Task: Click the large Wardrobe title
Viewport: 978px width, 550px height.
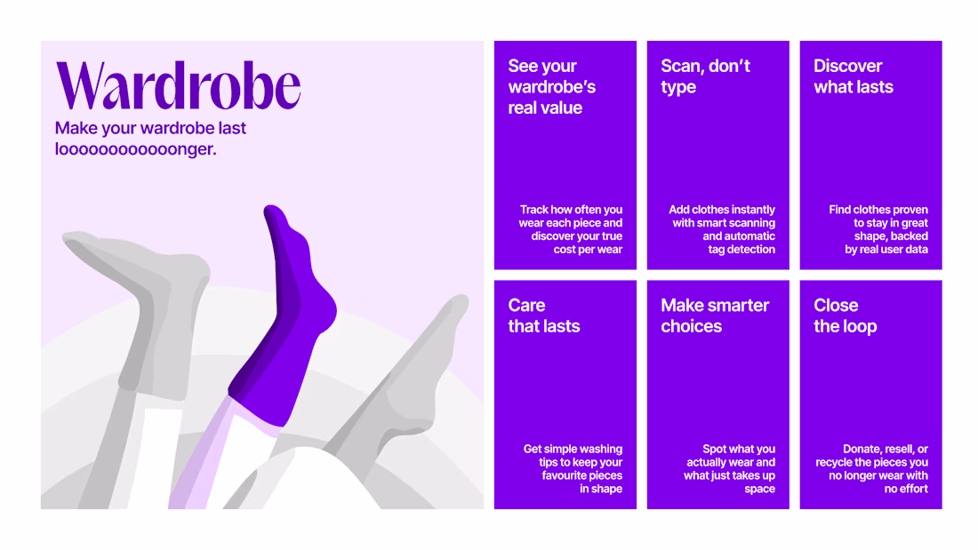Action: coord(179,85)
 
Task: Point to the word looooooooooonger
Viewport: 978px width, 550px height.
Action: coord(135,149)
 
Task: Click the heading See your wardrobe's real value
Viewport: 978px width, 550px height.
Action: coord(551,87)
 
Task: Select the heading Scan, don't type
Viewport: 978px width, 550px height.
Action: coord(705,76)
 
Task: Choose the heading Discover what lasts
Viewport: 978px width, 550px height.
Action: coord(854,76)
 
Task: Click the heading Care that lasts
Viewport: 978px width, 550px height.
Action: coord(544,315)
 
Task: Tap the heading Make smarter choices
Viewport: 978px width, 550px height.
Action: coord(715,315)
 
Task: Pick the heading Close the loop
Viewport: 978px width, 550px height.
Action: coord(846,315)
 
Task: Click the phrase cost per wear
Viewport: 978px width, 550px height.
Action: coord(588,250)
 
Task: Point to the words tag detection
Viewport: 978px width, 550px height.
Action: coord(741,250)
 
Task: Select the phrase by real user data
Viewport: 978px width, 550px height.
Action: coord(886,250)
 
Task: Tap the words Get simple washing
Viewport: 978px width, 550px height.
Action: coord(573,449)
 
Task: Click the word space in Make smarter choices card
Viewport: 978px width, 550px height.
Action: coord(759,489)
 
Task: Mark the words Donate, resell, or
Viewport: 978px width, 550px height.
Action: coord(885,449)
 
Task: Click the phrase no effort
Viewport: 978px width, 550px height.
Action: coord(906,489)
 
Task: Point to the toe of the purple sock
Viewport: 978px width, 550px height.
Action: coord(271,213)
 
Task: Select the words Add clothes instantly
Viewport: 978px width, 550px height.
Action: coord(722,210)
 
